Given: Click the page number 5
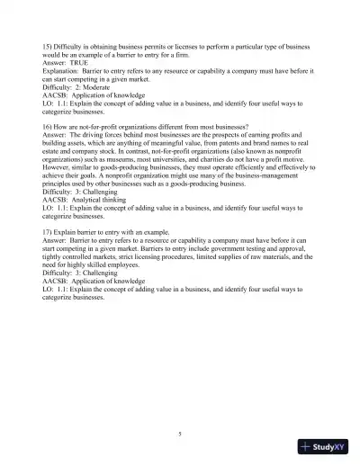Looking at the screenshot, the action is coord(180,434).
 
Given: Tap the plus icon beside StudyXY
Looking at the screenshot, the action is coord(306,447).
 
